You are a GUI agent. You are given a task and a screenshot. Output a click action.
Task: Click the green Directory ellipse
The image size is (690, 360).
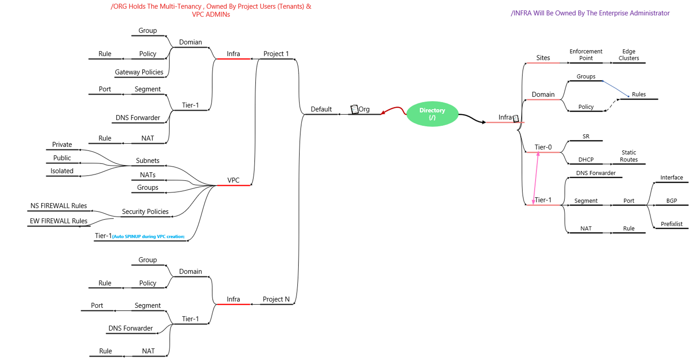point(432,114)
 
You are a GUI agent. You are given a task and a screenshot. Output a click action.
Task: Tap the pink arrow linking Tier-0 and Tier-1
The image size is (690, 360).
point(536,178)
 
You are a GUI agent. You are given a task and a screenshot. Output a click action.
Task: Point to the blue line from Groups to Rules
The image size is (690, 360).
point(615,89)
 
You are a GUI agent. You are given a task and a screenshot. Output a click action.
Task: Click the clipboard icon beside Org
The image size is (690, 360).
point(354,109)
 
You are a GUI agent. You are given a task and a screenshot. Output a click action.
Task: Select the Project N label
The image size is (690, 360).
point(276,299)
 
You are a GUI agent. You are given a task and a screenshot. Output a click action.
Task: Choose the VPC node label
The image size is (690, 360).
point(233,180)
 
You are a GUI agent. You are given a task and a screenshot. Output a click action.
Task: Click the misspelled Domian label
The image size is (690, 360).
point(190,42)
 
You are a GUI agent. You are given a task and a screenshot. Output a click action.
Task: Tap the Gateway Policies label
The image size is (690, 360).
point(139,72)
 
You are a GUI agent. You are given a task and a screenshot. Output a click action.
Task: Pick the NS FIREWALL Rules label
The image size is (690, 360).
point(59,206)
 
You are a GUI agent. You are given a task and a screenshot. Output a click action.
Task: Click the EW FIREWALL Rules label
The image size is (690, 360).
point(59,221)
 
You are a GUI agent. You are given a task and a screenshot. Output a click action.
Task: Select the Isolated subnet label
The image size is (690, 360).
point(62,171)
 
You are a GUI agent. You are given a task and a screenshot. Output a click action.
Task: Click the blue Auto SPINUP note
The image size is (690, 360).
point(148,236)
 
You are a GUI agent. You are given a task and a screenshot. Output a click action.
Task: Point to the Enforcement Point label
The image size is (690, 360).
point(586,55)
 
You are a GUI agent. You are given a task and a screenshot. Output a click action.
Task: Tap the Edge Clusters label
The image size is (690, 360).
point(629,55)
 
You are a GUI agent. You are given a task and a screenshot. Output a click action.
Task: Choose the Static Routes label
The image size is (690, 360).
point(629,156)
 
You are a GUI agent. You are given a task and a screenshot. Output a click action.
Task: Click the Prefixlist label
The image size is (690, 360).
point(671,224)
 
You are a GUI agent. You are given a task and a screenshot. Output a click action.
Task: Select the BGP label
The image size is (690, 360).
point(671,201)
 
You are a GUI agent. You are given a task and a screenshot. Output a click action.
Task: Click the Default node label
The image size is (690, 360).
point(321,109)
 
